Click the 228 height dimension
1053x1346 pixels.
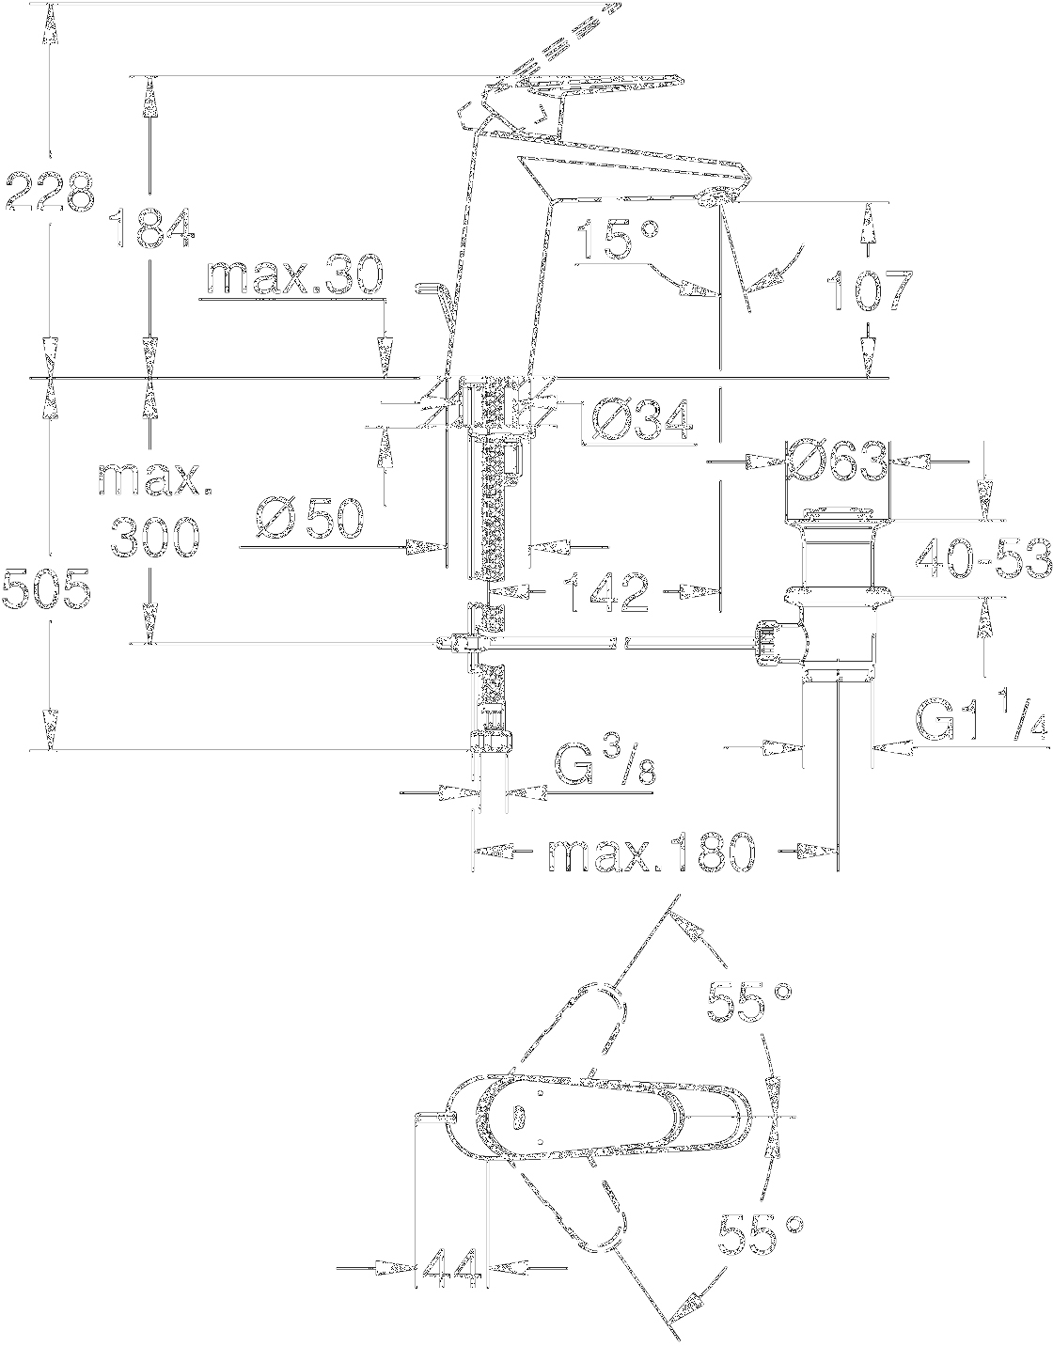point(49,193)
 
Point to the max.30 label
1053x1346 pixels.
point(294,276)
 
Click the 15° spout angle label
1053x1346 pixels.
point(616,241)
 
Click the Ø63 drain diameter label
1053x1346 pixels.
point(836,462)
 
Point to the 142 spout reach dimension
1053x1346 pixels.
point(605,592)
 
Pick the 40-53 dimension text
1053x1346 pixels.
point(982,561)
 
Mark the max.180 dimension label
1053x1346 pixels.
point(651,853)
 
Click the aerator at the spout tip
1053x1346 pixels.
point(717,196)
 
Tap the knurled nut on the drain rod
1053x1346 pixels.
point(768,644)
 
